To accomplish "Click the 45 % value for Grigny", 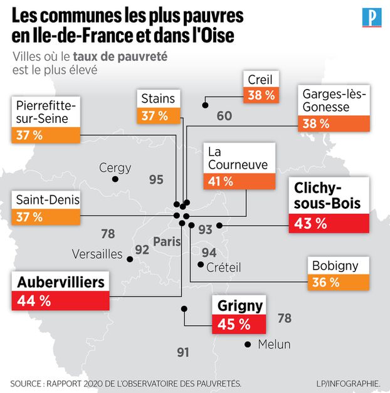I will pos(235,324).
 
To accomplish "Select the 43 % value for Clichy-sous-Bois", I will pos(311,223).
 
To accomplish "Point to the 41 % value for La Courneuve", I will pos(220,182).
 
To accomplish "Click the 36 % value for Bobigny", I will pos(326,282).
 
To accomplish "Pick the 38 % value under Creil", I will pos(261,95).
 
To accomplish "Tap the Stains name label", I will pos(158,98).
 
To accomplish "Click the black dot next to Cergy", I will pos(115,180).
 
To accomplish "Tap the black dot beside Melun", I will pos(249,344).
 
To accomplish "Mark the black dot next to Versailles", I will pos(130,258).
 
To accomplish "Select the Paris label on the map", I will pos(167,241).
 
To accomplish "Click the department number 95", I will pos(157,180).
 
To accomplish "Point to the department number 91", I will pos(182,352).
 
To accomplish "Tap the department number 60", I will pos(224,116).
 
